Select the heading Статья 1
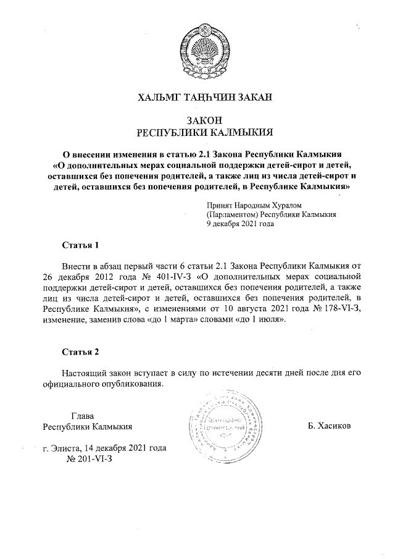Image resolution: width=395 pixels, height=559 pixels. (x=80, y=245)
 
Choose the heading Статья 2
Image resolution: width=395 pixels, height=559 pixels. (x=80, y=352)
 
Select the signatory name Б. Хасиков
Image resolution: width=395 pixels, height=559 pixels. (x=329, y=426)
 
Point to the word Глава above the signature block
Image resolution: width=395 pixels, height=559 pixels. (x=82, y=415)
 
